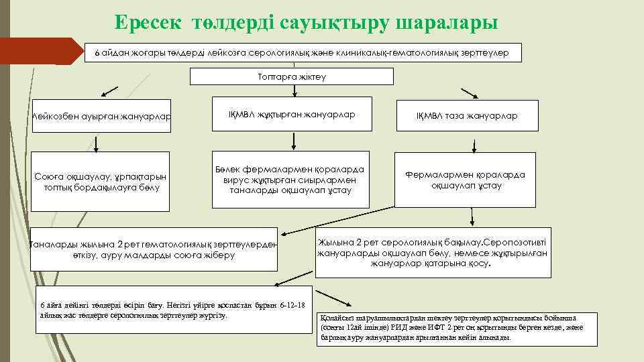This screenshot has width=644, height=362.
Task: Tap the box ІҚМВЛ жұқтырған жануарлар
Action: [x=292, y=115]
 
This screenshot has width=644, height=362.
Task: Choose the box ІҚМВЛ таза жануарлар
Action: [x=467, y=116]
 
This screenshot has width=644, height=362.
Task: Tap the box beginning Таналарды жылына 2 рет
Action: [x=154, y=250]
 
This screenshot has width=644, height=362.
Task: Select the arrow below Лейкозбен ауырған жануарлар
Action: [x=97, y=143]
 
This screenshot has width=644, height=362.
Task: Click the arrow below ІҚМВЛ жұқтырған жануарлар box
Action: [x=292, y=140]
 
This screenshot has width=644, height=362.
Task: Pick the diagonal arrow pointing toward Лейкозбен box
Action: [x=110, y=92]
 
